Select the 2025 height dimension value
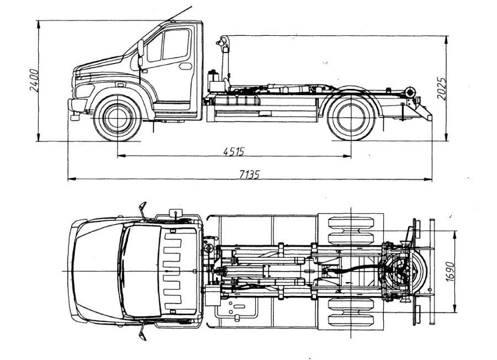[442, 88]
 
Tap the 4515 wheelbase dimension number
[234, 151]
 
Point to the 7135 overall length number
[249, 174]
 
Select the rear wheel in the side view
[350, 118]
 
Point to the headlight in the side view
[84, 89]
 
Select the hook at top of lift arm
[222, 41]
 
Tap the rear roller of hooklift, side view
[409, 92]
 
